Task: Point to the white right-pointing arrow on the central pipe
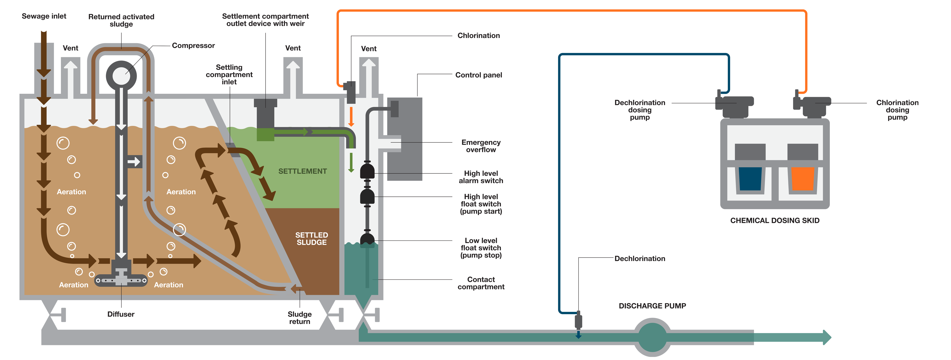point(134,161)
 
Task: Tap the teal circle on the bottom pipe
point(652,337)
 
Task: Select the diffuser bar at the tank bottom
point(121,281)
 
